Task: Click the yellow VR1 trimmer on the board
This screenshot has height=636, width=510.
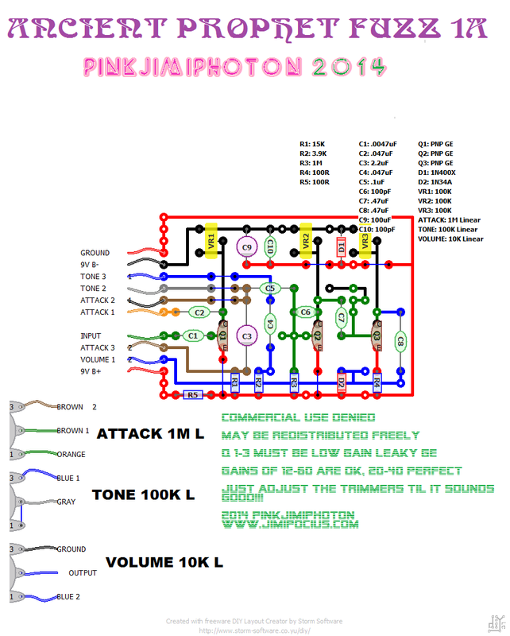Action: tap(211, 241)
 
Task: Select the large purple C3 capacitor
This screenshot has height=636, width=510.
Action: tap(247, 337)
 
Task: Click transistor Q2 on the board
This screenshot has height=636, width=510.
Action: tap(317, 337)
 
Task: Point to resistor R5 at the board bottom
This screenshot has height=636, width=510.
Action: tap(191, 394)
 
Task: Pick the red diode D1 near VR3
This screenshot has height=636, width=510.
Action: tap(341, 246)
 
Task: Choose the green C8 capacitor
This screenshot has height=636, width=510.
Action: tap(400, 342)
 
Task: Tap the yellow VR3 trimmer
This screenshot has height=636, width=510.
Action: tap(365, 241)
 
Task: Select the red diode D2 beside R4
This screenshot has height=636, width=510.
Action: tap(341, 382)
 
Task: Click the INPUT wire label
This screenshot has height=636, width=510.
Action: tap(90, 336)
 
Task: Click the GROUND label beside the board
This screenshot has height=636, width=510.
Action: tap(95, 253)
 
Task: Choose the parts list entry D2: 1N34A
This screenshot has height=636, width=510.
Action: tap(435, 181)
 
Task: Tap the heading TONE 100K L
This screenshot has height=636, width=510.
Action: tap(143, 494)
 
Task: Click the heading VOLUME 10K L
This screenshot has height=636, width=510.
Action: tap(164, 562)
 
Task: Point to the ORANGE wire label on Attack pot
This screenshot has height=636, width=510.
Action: tap(72, 455)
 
